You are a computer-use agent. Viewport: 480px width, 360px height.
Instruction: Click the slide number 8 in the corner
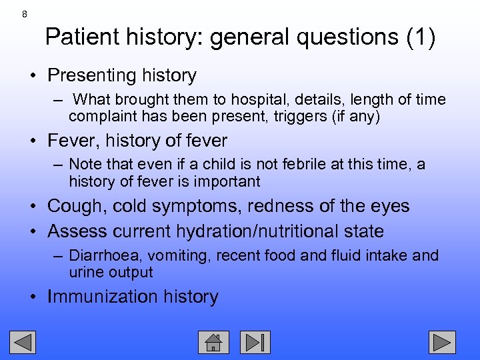click(x=25, y=14)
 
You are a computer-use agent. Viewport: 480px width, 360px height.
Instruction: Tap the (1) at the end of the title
click(x=421, y=37)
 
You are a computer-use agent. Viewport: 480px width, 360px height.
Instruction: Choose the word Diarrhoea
click(x=105, y=255)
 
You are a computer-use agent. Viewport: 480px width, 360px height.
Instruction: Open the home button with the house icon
click(x=213, y=342)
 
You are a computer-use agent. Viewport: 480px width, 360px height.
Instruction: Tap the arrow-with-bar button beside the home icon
click(x=255, y=342)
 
